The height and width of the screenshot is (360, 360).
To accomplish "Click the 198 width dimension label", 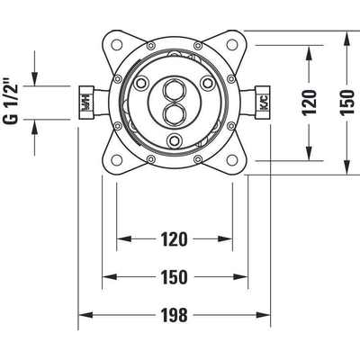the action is pos(174,315).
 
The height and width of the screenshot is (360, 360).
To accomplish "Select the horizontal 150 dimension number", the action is pos(174,277).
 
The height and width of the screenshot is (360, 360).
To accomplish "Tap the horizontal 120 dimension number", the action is pos(174,239).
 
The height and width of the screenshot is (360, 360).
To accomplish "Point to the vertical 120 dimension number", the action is pos(310,103).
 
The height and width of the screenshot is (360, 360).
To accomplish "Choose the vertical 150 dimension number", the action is pos(347,103).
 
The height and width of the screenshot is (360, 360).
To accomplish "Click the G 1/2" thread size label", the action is pos(11,101).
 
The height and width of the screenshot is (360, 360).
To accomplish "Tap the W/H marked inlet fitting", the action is pos(86,103).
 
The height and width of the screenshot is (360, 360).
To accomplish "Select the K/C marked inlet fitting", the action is pos(262,103).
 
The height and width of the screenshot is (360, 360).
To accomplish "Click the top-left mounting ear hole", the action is pos(117,45).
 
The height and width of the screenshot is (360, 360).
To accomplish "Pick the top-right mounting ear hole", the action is pos(232,45).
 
